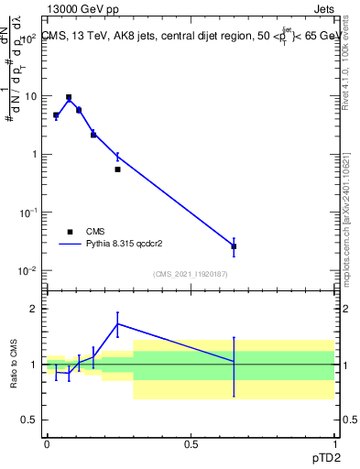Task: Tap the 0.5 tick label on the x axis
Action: point(190,442)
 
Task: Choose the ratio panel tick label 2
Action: point(35,309)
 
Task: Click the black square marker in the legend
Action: point(71,232)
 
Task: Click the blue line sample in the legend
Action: point(71,245)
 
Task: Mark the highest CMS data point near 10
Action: point(69,97)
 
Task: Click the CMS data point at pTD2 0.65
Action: point(234,246)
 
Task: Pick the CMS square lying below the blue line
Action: point(117,169)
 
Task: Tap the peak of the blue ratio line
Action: point(117,323)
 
